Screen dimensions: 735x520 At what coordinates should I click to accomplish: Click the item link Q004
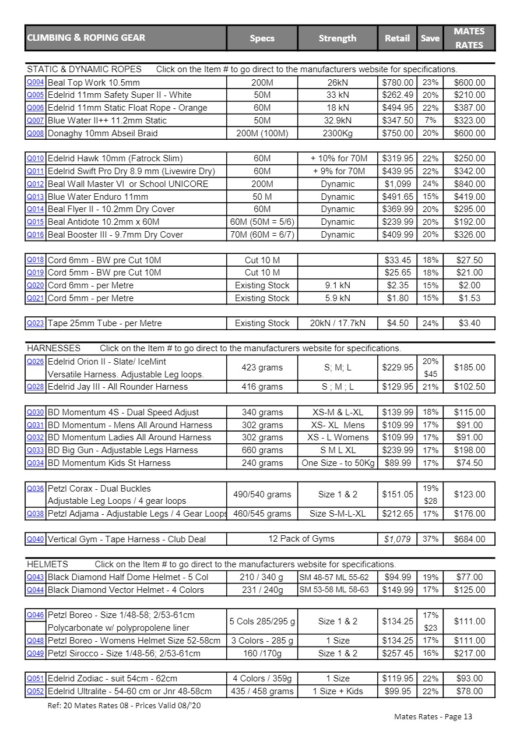[36, 82]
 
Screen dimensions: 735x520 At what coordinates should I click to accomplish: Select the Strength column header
[337, 38]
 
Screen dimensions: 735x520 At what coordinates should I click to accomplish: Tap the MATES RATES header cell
[469, 38]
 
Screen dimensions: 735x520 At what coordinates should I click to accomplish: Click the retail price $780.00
[398, 83]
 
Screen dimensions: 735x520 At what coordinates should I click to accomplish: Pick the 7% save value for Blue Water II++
[430, 121]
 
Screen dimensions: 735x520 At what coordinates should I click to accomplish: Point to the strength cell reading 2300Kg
[337, 133]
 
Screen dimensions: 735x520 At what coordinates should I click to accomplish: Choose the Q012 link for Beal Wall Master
[36, 184]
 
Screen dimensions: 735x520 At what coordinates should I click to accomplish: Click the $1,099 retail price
[398, 184]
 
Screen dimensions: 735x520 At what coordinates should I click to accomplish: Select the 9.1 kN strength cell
[337, 285]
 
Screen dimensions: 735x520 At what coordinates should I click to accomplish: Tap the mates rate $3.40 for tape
[469, 323]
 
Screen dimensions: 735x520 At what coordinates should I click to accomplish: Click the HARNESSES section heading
[54, 348]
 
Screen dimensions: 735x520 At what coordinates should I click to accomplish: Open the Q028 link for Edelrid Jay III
[36, 387]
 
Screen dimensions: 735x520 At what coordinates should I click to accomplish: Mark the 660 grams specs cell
[262, 450]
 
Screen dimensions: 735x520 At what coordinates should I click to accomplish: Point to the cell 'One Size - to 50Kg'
[338, 463]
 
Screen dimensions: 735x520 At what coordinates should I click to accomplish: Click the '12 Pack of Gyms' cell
[301, 539]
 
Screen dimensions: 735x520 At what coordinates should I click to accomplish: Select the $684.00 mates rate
[469, 539]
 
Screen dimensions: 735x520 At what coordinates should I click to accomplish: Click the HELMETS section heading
[48, 564]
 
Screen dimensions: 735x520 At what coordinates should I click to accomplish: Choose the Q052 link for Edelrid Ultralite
[36, 691]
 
